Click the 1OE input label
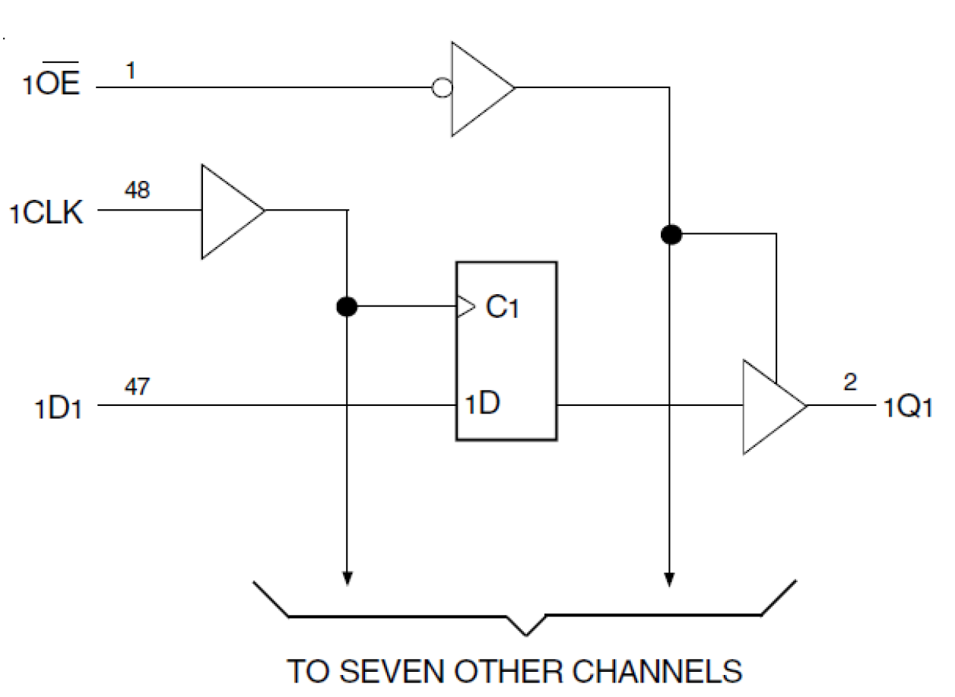pos(51,83)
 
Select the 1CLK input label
pos(46,214)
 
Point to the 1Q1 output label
pos(908,408)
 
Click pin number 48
pos(138,190)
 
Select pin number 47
pos(137,388)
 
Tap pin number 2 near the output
pos(850,382)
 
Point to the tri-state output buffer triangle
pos(769,406)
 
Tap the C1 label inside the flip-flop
pos(501,307)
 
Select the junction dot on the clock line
pos(347,307)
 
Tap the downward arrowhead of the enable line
pos(670,579)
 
